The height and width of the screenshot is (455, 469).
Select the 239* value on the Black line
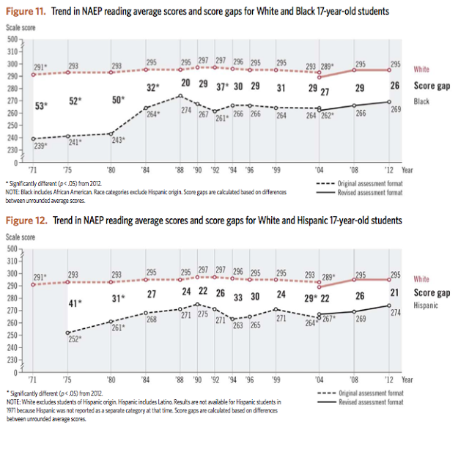[x=40, y=146]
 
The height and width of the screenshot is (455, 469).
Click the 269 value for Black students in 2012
[x=396, y=108]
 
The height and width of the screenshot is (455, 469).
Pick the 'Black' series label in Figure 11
[x=421, y=102]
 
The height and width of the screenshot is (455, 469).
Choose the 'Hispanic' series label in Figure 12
[x=426, y=305]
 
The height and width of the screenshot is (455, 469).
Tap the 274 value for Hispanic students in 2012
[x=396, y=313]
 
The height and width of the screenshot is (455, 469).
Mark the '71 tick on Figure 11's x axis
[x=32, y=170]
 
